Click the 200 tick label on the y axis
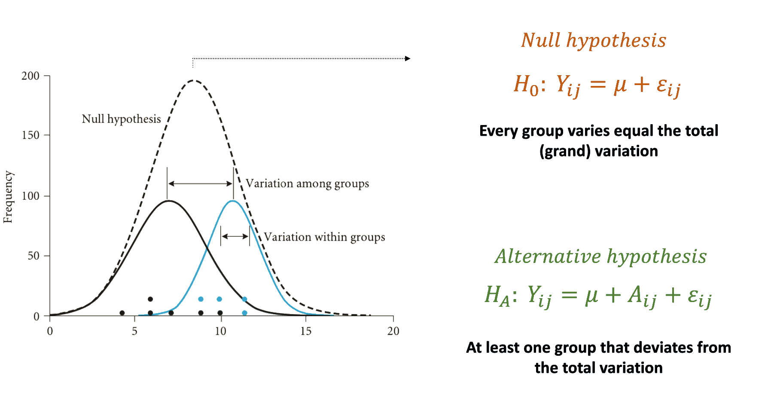click(x=30, y=76)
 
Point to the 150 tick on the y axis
click(x=30, y=135)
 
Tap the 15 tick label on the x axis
click(x=306, y=331)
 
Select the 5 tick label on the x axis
click(x=134, y=331)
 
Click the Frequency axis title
click(x=8, y=197)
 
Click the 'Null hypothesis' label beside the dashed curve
click(x=121, y=119)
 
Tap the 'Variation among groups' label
click(x=307, y=184)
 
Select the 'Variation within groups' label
click(x=324, y=237)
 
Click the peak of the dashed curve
click(x=193, y=80)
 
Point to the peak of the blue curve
click(x=233, y=201)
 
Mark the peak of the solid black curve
click(x=169, y=201)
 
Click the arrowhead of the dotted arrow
click(x=408, y=58)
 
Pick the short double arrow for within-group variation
click(x=235, y=236)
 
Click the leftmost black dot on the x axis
click(x=122, y=313)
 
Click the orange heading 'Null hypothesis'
click(x=594, y=40)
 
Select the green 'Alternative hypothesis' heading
click(x=600, y=256)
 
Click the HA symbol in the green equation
click(x=497, y=296)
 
